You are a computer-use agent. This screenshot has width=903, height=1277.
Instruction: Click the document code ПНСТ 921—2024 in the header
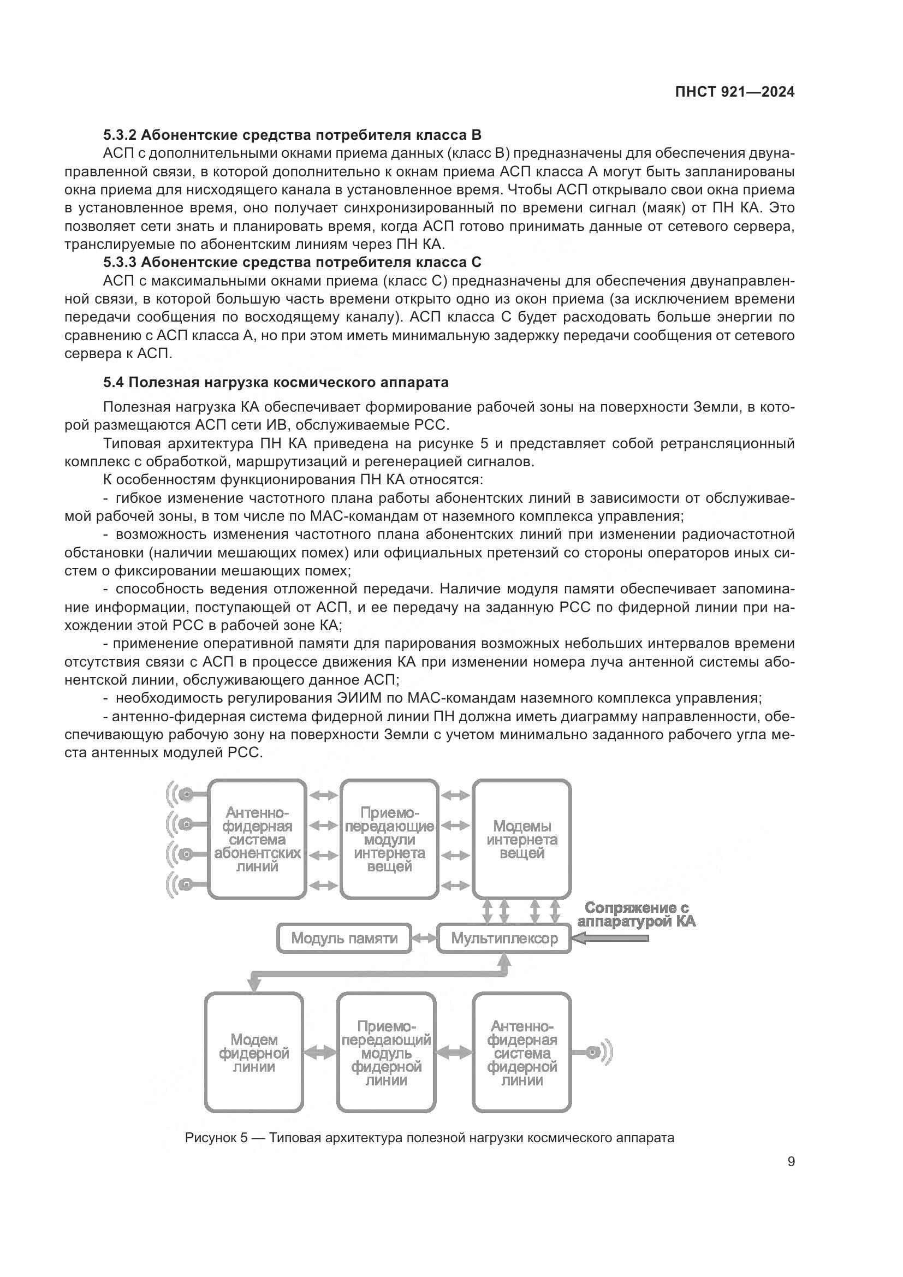coord(734,92)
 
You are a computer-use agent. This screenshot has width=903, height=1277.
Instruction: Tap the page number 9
coord(791,1161)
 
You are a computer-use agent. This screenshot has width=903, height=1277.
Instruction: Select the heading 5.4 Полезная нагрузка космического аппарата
coord(276,383)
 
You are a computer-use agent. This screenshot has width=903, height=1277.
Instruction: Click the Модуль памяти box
coord(344,939)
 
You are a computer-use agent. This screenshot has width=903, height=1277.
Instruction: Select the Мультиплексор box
coord(504,939)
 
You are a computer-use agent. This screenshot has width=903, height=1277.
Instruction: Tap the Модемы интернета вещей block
coord(521,839)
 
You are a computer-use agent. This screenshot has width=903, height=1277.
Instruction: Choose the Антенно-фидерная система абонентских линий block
coord(257,839)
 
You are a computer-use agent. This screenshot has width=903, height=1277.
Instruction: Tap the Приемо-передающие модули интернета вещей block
coord(389,839)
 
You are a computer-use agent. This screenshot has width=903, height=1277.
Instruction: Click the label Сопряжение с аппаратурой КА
coord(636,914)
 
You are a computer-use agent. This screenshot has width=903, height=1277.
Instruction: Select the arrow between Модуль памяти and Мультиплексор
coord(424,939)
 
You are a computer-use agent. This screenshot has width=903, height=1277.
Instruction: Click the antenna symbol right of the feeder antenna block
coord(598,1052)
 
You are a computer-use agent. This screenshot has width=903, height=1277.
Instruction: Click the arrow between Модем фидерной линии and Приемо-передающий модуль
coord(320,1052)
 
